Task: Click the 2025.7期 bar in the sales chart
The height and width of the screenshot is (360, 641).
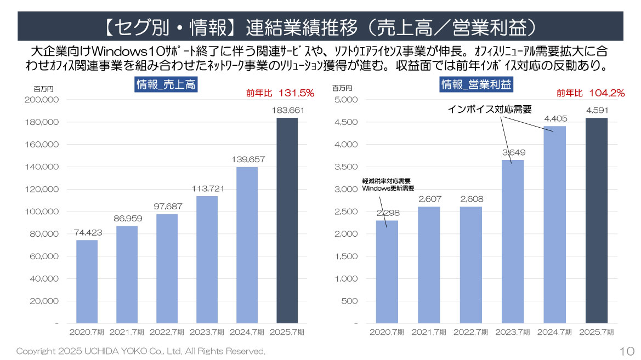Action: click(x=287, y=220)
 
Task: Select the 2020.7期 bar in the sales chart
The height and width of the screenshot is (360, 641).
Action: click(x=87, y=282)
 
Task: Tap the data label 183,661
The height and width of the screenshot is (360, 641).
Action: click(x=287, y=111)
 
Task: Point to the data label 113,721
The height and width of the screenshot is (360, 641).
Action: click(x=207, y=189)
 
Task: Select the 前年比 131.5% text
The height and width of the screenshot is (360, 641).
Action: click(x=280, y=93)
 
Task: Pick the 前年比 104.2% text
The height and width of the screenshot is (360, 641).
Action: click(x=591, y=93)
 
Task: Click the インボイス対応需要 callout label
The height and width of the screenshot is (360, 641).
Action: click(x=490, y=109)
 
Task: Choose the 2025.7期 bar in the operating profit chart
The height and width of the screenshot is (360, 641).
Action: click(x=597, y=220)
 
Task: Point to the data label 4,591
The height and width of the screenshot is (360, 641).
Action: click(x=597, y=111)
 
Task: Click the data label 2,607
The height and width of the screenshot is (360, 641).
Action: click(x=429, y=199)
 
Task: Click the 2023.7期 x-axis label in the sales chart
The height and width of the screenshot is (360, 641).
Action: click(x=207, y=332)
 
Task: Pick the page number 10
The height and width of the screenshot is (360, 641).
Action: click(x=627, y=351)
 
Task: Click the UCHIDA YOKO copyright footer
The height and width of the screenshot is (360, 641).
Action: click(x=141, y=351)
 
